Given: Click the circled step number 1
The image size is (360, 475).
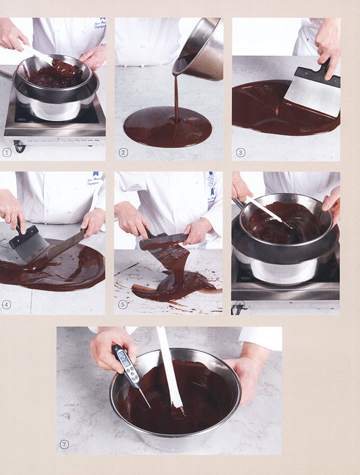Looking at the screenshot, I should [7, 152].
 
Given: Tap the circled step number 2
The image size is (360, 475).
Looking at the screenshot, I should [123, 152].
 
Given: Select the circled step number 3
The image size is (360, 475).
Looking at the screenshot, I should [241, 152].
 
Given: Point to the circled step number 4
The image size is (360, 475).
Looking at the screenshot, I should [7, 305].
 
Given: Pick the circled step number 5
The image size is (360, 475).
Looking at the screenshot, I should [123, 305].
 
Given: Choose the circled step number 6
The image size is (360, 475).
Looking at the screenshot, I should [241, 305].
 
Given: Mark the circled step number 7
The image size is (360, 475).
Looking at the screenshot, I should [65, 445].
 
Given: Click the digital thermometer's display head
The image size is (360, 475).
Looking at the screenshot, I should [124, 362].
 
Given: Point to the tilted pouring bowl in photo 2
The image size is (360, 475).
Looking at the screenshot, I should [200, 51].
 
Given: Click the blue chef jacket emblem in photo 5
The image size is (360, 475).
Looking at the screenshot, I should [211, 186].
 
